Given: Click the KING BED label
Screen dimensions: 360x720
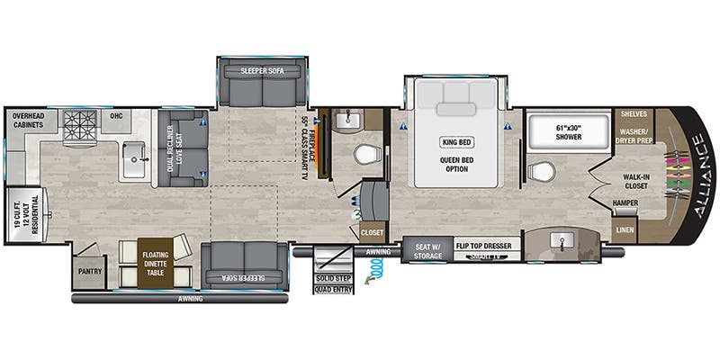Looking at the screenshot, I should pyautogui.click(x=454, y=142).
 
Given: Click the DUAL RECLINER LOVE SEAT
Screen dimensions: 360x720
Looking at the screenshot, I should pyautogui.click(x=182, y=148).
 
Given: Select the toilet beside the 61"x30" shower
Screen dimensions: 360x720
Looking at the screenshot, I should pyautogui.click(x=541, y=170).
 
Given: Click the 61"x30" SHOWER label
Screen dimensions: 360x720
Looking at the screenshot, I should pyautogui.click(x=565, y=130).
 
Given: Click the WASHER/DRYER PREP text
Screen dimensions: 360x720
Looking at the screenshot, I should pyautogui.click(x=635, y=135).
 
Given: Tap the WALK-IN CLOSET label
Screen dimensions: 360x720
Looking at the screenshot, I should pyautogui.click(x=635, y=182).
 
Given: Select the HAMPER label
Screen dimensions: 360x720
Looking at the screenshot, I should pyautogui.click(x=625, y=203).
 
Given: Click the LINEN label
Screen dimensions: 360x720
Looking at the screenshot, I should pyautogui.click(x=625, y=231).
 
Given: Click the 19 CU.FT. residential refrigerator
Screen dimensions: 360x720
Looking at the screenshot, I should pyautogui.click(x=24, y=215).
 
